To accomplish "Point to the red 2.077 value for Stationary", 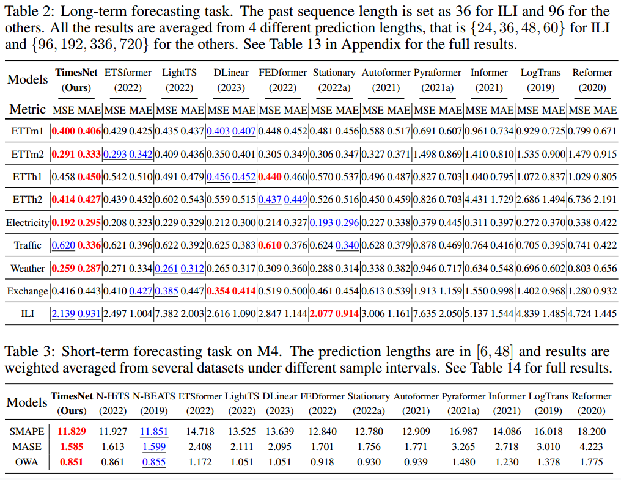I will point(322,314).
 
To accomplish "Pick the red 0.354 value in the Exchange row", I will point(219,291).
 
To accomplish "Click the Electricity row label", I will point(27,222).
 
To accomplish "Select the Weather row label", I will point(28,268).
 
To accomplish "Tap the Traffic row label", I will point(28,245).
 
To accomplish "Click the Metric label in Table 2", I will point(28,110).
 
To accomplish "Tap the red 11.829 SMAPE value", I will point(71,431).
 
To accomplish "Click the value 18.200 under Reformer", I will point(591,431).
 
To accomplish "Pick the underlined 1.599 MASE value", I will point(153,446).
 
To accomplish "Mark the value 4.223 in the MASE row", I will point(591,446).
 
